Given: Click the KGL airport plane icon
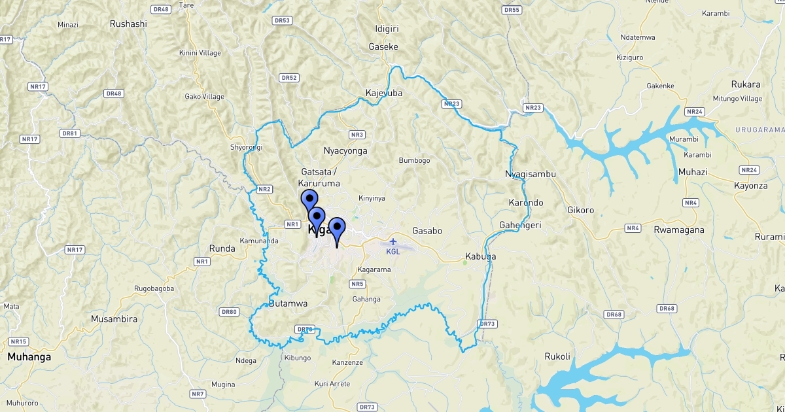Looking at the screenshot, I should (393, 241).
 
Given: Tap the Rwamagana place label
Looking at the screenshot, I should (678, 230).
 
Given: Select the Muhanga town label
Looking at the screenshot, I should (29, 357).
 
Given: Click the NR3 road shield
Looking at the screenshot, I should (357, 135).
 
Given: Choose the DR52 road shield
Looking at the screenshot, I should (288, 78).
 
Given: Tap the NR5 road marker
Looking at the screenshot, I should (357, 284).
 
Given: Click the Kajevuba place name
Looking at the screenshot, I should (384, 93).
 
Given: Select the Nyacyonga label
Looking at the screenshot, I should (345, 151).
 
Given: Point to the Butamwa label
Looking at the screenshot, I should (288, 303).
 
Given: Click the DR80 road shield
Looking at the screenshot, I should (229, 312).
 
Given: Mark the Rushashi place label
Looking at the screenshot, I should (128, 24).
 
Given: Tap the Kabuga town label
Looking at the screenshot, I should (480, 256).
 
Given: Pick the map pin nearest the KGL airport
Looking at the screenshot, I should (337, 230).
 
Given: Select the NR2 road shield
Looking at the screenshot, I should (264, 190).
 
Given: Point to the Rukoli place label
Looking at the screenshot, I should (557, 356).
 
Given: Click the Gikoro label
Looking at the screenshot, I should (580, 211).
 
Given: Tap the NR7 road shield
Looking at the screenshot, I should (198, 394).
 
